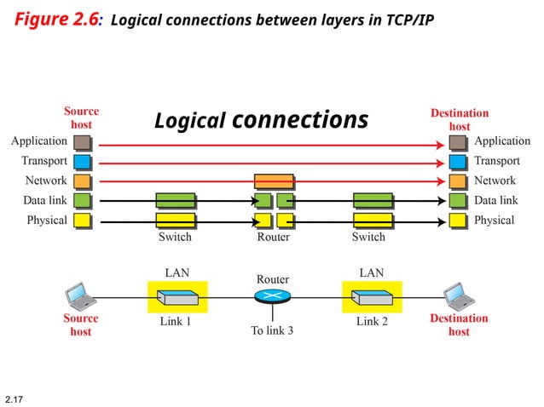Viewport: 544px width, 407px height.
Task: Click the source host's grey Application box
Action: click(82, 142)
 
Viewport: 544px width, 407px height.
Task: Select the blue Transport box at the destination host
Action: click(458, 162)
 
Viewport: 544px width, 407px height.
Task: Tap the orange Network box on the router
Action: click(274, 181)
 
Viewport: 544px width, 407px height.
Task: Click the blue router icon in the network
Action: click(273, 296)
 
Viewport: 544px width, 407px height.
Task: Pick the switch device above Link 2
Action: click(372, 298)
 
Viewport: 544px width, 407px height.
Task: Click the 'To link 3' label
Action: click(272, 330)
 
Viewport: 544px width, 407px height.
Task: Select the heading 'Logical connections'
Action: click(261, 121)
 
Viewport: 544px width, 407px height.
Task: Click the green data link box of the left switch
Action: click(176, 201)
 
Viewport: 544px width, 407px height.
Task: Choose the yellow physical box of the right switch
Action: click(373, 221)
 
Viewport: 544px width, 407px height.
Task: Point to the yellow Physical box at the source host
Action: click(82, 221)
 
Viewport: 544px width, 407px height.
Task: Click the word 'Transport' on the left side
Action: click(44, 161)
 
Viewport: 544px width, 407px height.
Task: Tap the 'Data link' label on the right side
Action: click(495, 201)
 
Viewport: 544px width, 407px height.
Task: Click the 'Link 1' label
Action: click(176, 323)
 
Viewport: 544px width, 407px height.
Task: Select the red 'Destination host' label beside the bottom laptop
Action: click(459, 325)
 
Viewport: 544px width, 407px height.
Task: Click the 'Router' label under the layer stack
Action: click(274, 238)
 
